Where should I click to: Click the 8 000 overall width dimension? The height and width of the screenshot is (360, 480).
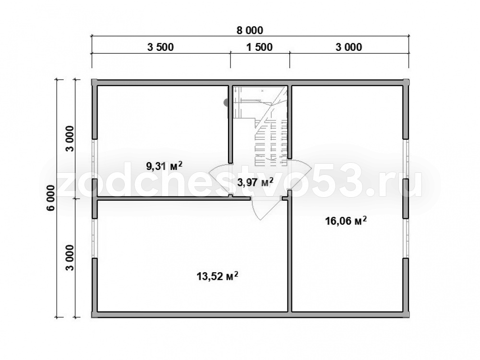point(250,31)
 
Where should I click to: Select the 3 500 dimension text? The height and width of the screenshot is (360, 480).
point(160,47)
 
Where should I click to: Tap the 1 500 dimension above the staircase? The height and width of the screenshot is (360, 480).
point(260,47)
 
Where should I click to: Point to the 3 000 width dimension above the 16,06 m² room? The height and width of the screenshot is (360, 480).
point(348,47)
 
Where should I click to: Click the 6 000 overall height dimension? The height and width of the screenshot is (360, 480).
point(51,198)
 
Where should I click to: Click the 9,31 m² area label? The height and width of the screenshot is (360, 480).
point(164,166)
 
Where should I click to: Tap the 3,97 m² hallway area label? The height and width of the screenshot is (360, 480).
point(255,182)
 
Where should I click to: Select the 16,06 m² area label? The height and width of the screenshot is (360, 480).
point(346,220)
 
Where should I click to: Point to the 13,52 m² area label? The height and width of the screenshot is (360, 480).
point(217,276)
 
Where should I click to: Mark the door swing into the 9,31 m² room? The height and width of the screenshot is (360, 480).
point(219,178)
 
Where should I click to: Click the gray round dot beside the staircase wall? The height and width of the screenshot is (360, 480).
point(226,102)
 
